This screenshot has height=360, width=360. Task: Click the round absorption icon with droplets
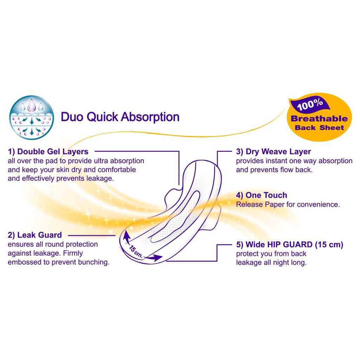[x=32, y=117]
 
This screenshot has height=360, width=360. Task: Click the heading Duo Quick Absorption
[x=120, y=117]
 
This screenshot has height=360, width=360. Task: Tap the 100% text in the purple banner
[x=310, y=104]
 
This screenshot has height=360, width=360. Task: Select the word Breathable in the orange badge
[x=319, y=119]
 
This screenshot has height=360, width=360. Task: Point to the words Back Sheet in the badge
[x=319, y=128]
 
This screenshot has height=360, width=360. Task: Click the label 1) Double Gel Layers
[x=48, y=152]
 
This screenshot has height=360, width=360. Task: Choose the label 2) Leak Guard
[x=35, y=235]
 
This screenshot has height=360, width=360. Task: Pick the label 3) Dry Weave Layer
[x=274, y=152]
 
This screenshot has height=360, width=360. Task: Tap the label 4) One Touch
[x=262, y=195]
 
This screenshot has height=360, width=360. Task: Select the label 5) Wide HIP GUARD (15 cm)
[x=290, y=245]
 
